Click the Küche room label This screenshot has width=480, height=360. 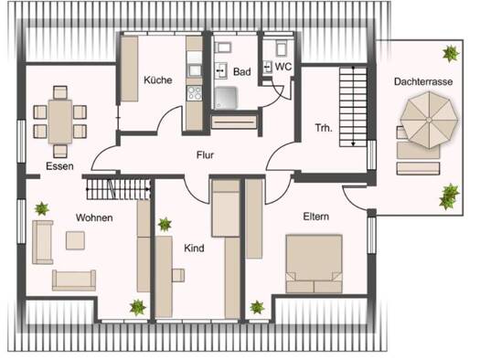tap(157, 80)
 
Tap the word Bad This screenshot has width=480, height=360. tap(240, 70)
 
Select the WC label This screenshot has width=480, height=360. tap(284, 66)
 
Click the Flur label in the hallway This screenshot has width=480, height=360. tap(205, 155)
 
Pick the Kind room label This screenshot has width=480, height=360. tap(194, 248)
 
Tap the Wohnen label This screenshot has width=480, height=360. tap(94, 217)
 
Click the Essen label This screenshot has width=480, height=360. tap(60, 166)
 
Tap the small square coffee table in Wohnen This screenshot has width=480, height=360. tap(75, 239)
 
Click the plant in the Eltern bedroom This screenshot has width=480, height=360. tap(259, 308)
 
